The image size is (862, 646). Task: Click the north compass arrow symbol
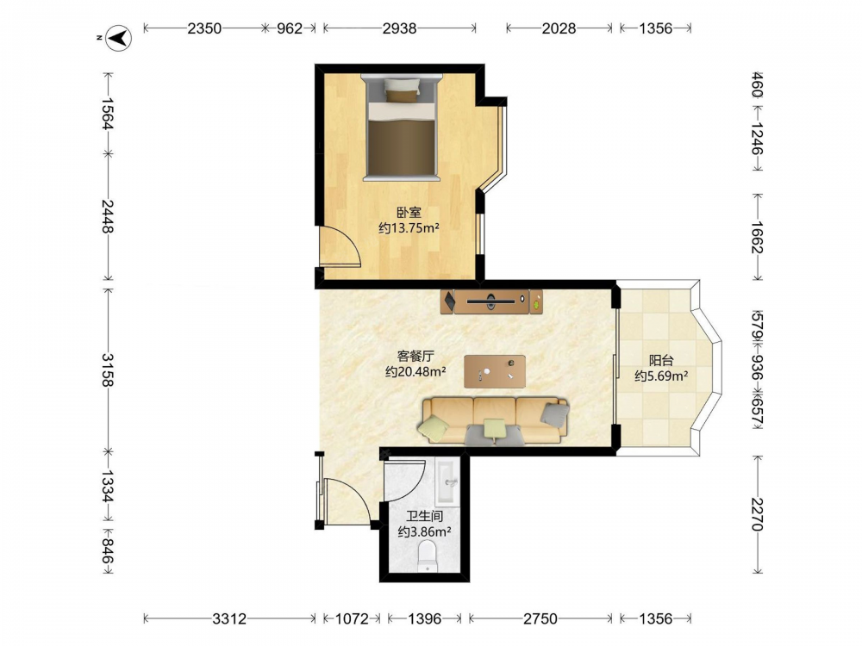pos(118,38)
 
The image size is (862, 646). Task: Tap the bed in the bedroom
pos(402,127)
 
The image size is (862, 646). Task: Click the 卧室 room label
pos(409,213)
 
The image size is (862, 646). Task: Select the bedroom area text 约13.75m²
pos(409,228)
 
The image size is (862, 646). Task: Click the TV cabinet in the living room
pos(491,301)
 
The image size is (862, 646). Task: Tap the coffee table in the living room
pos(494,371)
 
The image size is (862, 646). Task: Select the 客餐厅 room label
pos(415,357)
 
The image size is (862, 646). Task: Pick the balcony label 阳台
pos(661,361)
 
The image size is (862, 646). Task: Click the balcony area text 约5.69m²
pos(661,376)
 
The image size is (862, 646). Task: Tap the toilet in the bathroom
pos(428,556)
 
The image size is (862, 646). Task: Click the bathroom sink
pos(445,481)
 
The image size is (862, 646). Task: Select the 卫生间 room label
pos(425,516)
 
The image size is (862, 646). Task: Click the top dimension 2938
pos(400,28)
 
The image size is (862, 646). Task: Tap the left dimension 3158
pos(107,370)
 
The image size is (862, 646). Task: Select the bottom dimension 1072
pos(352,619)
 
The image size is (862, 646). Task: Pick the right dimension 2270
pos(757,514)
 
